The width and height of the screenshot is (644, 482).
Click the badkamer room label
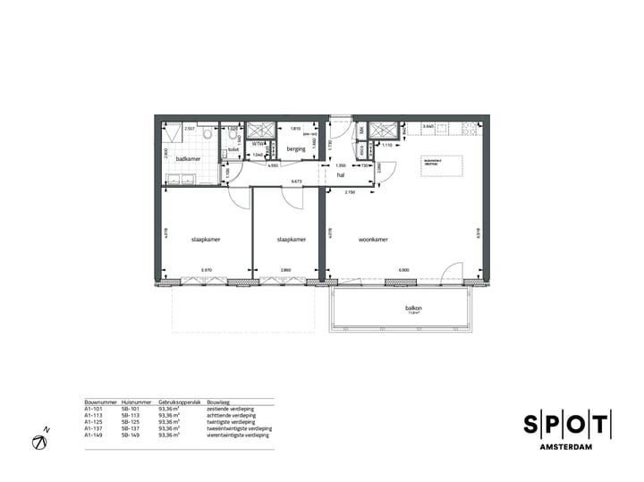[188, 159]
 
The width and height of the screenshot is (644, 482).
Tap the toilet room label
[233, 150]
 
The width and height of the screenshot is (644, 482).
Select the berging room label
[297, 150]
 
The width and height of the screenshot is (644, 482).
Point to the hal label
[341, 175]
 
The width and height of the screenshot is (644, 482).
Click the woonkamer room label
[372, 240]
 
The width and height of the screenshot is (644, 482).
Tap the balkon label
[413, 309]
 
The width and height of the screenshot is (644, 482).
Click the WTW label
[257, 143]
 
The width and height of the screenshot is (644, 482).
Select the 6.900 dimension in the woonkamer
[403, 270]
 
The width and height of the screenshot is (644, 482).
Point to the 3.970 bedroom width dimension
[207, 270]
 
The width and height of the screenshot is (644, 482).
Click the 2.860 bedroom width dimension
[285, 270]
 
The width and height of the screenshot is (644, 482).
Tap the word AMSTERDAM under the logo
[567, 447]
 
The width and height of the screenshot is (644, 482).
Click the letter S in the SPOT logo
[531, 425]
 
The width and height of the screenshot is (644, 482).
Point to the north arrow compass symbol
[40, 441]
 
